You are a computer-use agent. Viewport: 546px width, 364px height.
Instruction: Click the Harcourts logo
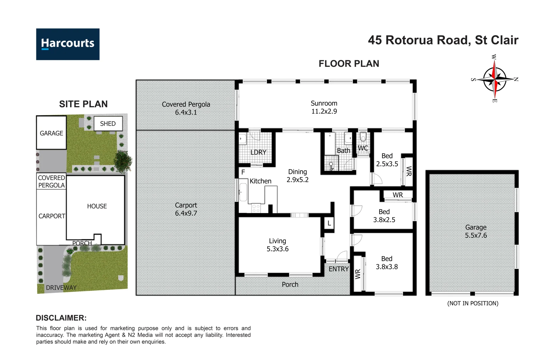click(68, 44)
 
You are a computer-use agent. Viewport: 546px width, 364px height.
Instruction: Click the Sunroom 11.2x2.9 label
click(324, 107)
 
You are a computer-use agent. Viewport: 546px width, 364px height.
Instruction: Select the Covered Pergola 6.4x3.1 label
click(186, 108)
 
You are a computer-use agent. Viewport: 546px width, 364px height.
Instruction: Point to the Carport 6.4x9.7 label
click(186, 209)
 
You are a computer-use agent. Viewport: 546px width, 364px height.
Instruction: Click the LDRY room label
click(258, 152)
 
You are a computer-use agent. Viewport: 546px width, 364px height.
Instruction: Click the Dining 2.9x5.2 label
click(297, 176)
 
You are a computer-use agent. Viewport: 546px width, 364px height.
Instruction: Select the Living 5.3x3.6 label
click(277, 245)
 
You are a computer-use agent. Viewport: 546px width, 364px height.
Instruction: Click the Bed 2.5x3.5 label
click(387, 160)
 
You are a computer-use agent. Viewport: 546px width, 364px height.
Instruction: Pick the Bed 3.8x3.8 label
click(387, 263)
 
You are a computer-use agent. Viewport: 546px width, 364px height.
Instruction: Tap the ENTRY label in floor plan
click(338, 269)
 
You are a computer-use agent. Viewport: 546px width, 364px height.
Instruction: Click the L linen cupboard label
click(329, 223)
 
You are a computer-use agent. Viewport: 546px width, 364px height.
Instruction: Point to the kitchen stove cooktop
click(256, 208)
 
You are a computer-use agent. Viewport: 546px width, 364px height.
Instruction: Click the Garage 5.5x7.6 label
click(476, 231)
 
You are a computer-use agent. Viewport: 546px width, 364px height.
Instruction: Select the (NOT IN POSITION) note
click(473, 303)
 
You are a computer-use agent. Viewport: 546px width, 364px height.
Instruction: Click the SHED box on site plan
click(108, 124)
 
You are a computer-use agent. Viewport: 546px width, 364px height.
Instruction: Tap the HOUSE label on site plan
click(97, 206)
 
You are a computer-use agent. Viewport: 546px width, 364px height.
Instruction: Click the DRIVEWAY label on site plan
click(61, 287)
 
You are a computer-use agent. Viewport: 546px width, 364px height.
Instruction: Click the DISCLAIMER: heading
click(61, 318)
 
